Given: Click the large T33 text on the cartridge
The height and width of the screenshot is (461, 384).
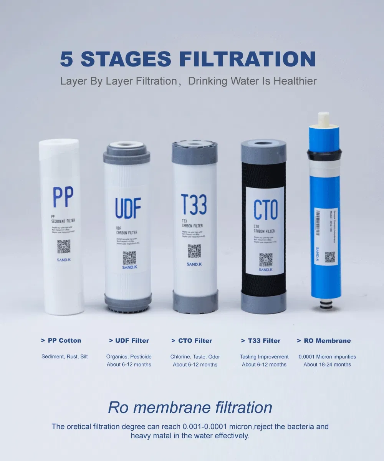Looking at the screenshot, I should pos(194,205).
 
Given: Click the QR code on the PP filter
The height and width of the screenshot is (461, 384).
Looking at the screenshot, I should pos(64,246).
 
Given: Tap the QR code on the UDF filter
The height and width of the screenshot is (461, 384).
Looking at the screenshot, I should pos(129,258).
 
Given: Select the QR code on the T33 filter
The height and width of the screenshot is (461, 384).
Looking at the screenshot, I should pos(194,251).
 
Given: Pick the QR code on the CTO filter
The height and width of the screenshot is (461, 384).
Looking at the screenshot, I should pos(266,260).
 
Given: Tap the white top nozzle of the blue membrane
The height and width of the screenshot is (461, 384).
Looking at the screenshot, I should pos(324,119).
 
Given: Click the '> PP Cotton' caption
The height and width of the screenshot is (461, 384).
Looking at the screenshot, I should pos(61,340).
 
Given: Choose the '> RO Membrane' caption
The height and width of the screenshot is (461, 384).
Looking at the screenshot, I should pos(324,341).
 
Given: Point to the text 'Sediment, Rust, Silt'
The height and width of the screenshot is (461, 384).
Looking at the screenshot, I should pos(65,357).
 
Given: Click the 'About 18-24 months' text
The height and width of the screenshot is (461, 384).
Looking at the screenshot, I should pos(327,365).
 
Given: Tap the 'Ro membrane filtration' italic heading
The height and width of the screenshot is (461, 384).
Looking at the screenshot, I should pos(190,407).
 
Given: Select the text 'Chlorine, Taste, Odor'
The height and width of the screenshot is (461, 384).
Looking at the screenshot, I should pos(195,357).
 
